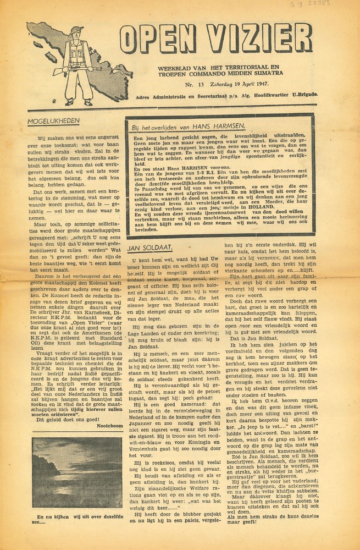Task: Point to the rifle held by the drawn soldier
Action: click(x=82, y=69)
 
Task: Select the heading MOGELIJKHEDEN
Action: click(x=55, y=120)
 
